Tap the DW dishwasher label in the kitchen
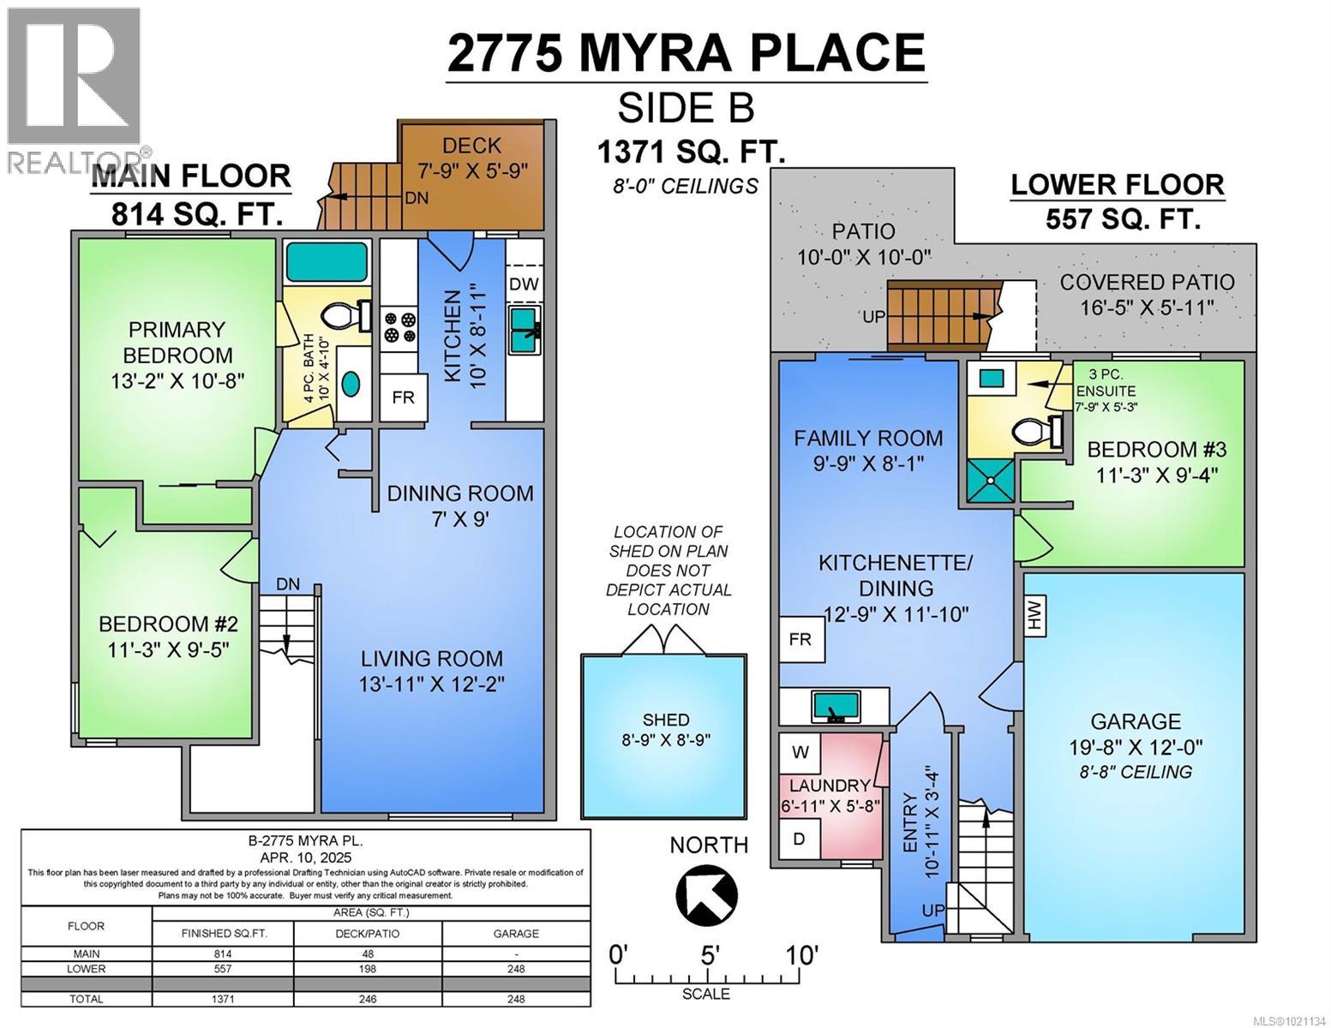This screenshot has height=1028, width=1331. [x=523, y=284]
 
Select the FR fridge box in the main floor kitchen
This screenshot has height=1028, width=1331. [x=403, y=397]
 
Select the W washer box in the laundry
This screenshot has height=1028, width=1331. [x=800, y=752]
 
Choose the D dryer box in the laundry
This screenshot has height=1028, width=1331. [x=799, y=838]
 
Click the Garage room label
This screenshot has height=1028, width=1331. [x=1135, y=721]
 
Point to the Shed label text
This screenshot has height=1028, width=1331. [x=666, y=720]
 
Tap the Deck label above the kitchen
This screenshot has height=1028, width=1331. [x=471, y=146]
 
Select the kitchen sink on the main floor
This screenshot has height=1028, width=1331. [x=524, y=331]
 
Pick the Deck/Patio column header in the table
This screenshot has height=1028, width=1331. [x=368, y=933]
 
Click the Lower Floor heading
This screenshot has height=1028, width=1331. [x=1117, y=184]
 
